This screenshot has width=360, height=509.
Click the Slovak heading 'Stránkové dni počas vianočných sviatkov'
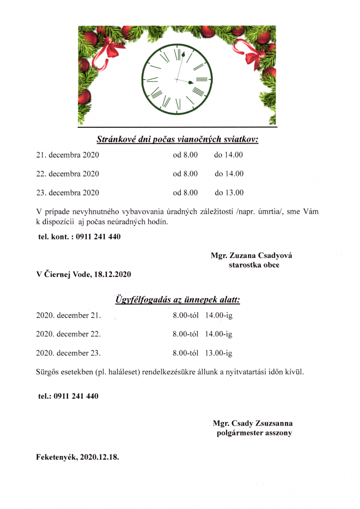pos(178,140)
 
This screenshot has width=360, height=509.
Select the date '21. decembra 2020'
pos(68,155)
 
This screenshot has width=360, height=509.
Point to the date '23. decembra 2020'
pos(68,193)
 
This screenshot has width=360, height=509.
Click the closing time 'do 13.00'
pos(229,193)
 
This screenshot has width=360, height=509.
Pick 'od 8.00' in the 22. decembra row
pos(185,174)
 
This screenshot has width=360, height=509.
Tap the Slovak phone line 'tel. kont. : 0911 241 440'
pos(80,237)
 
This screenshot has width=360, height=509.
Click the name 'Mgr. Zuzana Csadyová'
pos(252,255)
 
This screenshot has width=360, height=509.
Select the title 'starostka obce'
pos(254,265)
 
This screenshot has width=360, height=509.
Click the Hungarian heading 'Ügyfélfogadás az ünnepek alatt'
pos(178,300)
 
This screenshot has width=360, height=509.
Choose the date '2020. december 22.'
pos(68,335)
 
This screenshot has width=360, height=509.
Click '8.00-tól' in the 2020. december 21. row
pos(185,316)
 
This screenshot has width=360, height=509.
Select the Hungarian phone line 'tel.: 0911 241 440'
pos(68,396)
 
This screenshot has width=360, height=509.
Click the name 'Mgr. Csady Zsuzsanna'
pos(253,424)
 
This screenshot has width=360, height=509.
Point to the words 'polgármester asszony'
pos(254,433)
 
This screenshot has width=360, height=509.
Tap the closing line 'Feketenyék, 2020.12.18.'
pos(78,456)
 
